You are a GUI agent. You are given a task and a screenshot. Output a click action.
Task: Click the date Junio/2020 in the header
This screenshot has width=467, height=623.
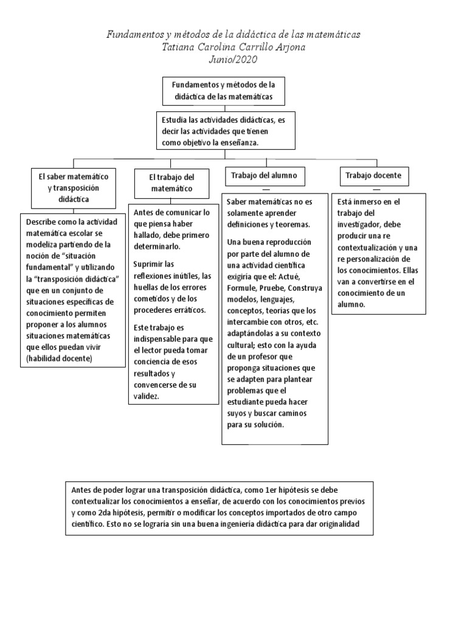click(233, 59)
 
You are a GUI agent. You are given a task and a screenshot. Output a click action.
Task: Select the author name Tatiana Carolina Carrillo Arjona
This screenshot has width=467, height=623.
click(233, 47)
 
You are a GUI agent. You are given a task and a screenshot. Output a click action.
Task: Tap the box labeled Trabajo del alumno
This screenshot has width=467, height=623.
click(264, 175)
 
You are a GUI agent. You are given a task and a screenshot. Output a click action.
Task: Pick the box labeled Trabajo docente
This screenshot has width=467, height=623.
click(373, 175)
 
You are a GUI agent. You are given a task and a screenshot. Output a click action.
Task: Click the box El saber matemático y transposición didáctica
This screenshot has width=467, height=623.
click(73, 187)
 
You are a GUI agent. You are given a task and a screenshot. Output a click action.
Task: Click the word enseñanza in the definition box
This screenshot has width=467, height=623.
click(239, 142)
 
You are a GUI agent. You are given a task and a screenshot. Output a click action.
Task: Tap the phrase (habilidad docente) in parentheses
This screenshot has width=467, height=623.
click(58, 359)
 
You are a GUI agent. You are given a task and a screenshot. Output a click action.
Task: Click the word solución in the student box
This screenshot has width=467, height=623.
click(268, 425)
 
